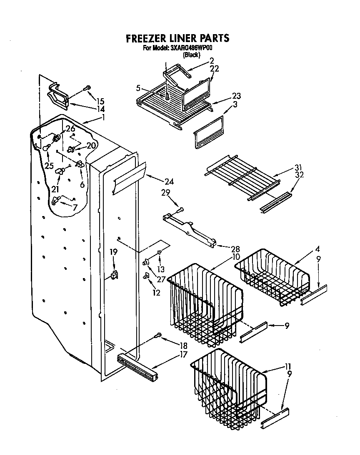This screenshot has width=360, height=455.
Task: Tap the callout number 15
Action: pos(100,101)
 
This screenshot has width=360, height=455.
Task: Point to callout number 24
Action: pos(169,182)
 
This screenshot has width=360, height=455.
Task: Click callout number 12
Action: pos(156,293)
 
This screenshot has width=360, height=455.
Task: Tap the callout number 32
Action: pos(299,175)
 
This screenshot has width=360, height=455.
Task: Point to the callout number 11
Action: pos(287,366)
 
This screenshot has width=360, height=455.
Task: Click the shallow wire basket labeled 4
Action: pos(273,277)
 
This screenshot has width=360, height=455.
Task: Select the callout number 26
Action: pos(70,128)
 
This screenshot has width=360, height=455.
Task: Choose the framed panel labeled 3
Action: pos(208,132)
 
